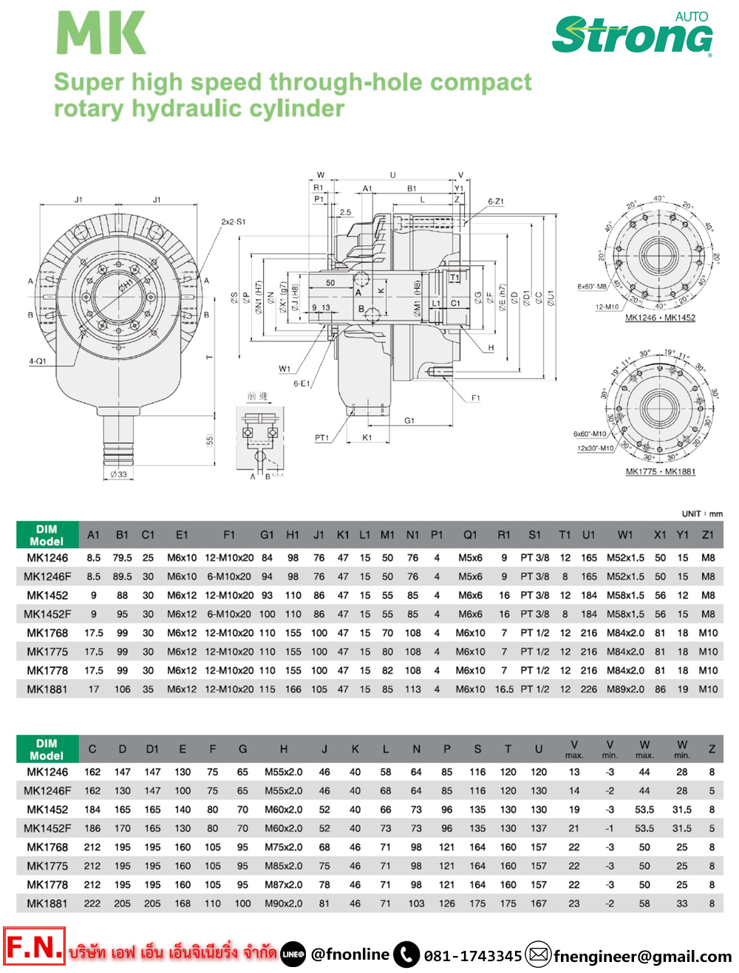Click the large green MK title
[x=101, y=33]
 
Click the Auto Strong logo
[x=633, y=35]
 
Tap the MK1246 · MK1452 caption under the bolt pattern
[x=660, y=318]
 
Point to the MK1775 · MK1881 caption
[x=660, y=471]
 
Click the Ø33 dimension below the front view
[x=118, y=474]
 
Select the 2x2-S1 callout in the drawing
[x=234, y=222]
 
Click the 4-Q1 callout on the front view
[x=37, y=361]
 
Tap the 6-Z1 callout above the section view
[x=495, y=201]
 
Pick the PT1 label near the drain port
[x=321, y=438]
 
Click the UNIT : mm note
[x=702, y=513]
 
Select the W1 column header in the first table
[x=625, y=535]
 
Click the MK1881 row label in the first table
[x=47, y=689]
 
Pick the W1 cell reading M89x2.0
[x=625, y=689]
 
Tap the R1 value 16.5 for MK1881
[x=504, y=689]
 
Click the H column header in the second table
[x=283, y=749]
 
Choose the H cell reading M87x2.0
[x=283, y=884]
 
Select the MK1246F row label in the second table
[x=47, y=791]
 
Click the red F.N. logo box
[x=34, y=946]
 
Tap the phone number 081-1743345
[x=473, y=956]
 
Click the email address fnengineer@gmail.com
[x=642, y=957]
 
